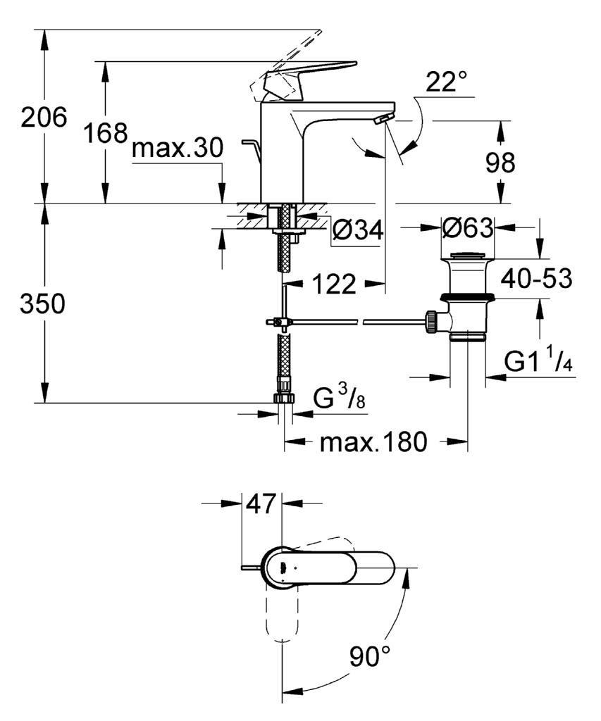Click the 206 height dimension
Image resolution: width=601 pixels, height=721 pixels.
coord(44,118)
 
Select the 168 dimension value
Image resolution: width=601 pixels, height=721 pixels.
coord(106,133)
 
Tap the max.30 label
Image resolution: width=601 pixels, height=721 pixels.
coord(178,149)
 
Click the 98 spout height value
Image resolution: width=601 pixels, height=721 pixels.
coord(501,163)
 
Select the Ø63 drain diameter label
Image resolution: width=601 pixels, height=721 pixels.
coord(468,227)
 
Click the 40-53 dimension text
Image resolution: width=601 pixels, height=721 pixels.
coord(537,278)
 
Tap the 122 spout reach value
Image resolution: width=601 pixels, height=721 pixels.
coord(335,284)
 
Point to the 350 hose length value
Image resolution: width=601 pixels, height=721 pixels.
coord(43,304)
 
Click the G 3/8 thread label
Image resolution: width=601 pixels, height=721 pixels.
coord(340,397)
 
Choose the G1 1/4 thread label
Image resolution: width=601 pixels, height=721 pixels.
coord(538,361)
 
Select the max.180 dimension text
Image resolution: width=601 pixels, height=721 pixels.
coord(373,442)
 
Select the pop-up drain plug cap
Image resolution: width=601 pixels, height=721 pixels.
coord(468,255)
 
